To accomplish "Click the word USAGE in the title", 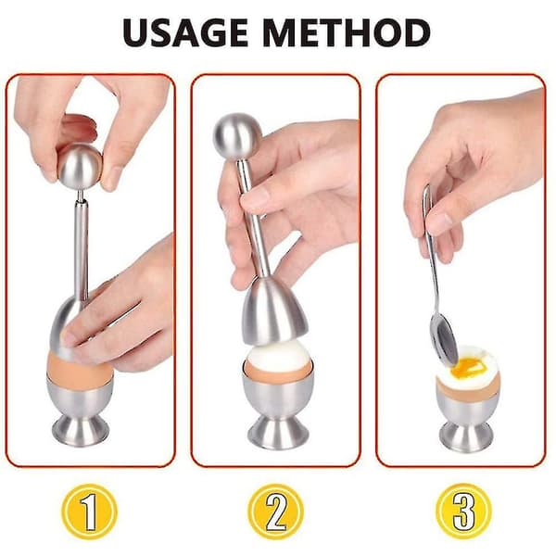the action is (x=185, y=32).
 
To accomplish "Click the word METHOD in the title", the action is (x=347, y=32).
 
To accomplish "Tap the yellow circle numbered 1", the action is (x=89, y=512).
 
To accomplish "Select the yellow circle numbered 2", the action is (x=275, y=512).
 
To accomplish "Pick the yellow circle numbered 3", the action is (x=463, y=512).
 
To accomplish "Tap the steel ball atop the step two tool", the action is (x=237, y=137).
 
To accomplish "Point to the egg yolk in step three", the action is (x=465, y=368).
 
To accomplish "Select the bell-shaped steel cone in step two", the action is (x=273, y=313).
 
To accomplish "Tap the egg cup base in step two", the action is (x=278, y=432).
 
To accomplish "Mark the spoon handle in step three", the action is (x=431, y=248).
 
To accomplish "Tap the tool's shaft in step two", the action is (x=253, y=220).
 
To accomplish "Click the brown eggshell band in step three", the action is (x=465, y=391).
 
